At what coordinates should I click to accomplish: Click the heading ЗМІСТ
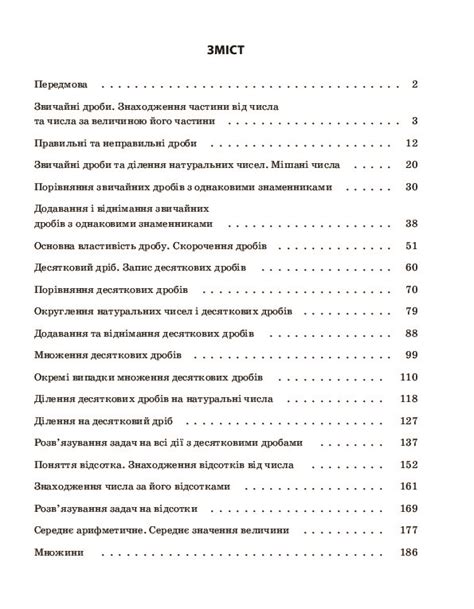[237, 46]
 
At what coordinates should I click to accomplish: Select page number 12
[411, 143]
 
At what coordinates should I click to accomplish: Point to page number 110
[408, 377]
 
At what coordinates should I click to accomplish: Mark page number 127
[408, 421]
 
